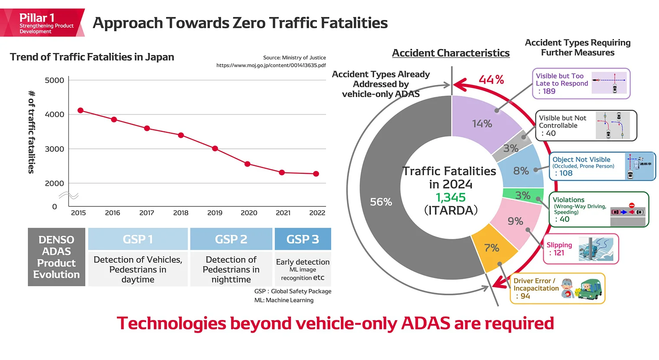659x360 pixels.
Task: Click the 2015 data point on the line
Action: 80,111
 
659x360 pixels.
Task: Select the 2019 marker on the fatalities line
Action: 215,148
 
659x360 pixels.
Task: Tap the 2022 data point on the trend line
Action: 316,173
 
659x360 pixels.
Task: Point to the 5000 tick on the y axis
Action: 54,80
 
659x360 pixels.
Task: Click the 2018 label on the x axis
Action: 181,213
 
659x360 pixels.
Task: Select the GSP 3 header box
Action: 303,239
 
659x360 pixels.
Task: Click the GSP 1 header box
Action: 138,239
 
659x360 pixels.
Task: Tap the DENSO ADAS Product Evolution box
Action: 56,257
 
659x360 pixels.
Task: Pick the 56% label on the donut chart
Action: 381,202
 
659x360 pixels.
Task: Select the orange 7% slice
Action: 492,248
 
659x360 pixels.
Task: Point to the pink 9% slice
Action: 515,221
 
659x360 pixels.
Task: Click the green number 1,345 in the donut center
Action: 450,197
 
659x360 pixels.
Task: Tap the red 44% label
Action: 491,80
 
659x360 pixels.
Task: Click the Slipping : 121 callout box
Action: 581,249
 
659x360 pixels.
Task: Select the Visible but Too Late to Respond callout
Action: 581,83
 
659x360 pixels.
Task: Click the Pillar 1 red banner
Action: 42,23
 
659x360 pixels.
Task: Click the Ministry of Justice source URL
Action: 271,65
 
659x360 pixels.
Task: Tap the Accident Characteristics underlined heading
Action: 450,53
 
